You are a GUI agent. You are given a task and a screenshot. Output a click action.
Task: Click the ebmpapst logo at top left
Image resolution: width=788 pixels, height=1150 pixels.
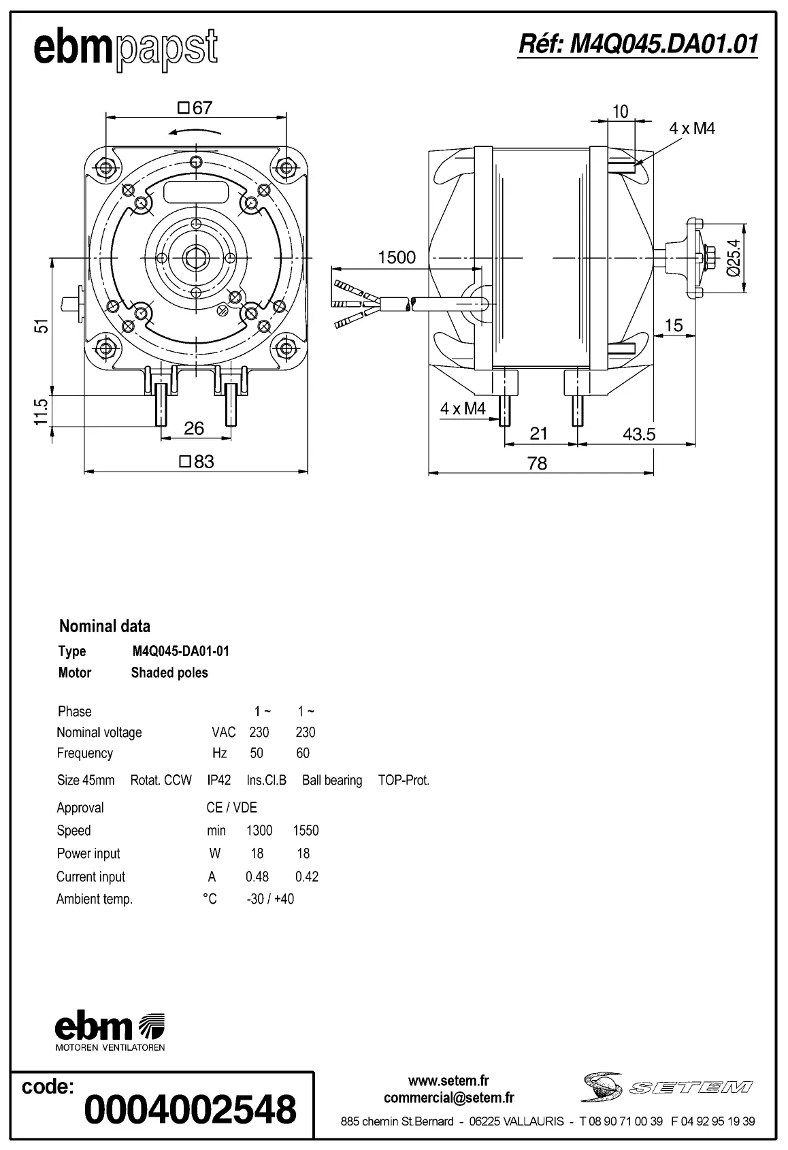tap(126, 49)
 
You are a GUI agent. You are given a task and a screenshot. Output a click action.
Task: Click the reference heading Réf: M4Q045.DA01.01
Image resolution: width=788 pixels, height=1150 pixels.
tap(638, 44)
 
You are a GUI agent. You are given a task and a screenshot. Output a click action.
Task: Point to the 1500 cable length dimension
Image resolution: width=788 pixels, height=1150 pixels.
tap(396, 257)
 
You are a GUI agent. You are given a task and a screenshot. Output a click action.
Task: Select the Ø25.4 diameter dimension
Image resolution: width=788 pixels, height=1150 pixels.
tap(734, 258)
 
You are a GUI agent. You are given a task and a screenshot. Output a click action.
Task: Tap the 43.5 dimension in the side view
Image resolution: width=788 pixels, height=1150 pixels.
tap(638, 434)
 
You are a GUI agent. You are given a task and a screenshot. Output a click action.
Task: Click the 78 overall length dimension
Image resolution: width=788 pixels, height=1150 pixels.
tap(537, 463)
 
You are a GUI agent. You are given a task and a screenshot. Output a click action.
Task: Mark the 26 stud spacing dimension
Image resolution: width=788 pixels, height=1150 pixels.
tap(194, 428)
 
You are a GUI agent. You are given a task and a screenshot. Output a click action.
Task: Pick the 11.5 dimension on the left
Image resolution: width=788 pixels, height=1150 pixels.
tap(42, 412)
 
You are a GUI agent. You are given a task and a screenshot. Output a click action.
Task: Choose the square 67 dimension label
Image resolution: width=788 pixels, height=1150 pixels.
tap(195, 108)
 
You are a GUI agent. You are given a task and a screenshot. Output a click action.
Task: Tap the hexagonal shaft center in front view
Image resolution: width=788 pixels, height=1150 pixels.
tap(195, 258)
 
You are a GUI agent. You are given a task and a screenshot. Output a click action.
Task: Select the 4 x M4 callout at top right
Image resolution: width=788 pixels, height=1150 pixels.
tap(692, 129)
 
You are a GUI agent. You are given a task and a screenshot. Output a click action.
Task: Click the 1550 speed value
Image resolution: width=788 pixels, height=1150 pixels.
tap(306, 831)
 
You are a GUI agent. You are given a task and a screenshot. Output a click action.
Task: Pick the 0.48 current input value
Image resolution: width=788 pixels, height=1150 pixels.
tap(257, 876)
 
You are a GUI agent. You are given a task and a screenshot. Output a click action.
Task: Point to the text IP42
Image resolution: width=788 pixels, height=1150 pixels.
tap(219, 781)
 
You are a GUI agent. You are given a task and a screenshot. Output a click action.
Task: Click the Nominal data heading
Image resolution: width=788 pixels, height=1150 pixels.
tap(105, 626)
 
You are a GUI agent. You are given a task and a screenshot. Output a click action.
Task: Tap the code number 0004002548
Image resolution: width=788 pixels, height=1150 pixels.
tap(191, 1109)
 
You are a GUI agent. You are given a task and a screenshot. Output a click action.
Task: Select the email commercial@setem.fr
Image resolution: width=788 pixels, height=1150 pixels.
tap(448, 1098)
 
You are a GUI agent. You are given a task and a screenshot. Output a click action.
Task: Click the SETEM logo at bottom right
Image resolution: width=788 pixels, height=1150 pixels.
tap(667, 1087)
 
